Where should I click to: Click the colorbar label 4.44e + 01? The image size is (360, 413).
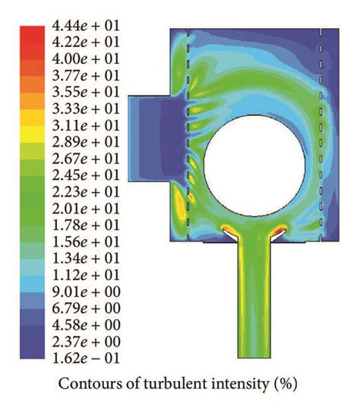[x=86, y=26]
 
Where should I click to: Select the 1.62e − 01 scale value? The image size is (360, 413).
[x=86, y=358]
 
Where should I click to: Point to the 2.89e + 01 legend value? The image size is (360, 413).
[x=86, y=142]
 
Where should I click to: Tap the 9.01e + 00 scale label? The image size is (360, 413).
[x=86, y=292]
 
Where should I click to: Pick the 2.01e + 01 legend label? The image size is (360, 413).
[x=86, y=208]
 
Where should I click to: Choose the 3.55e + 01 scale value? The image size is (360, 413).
[x=86, y=92]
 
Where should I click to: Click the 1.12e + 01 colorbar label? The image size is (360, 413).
[x=86, y=275]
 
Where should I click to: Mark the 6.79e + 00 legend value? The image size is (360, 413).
[x=86, y=308]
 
